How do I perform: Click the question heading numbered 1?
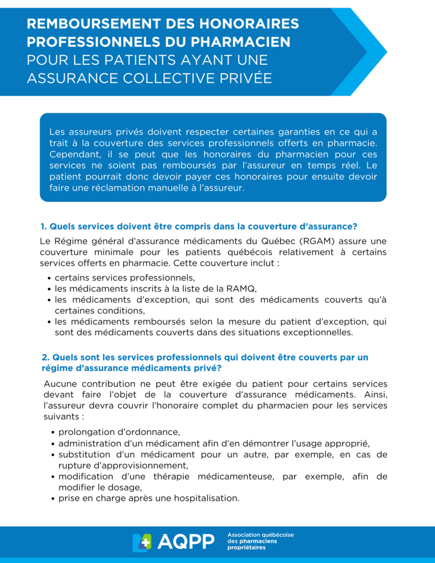(x=199, y=227)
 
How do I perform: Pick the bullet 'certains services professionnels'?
(x=125, y=277)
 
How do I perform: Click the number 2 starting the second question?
(x=44, y=357)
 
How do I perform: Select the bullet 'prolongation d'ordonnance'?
(x=119, y=432)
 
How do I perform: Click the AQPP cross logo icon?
(x=141, y=542)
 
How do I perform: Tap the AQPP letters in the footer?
(x=186, y=542)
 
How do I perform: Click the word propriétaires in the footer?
(x=246, y=548)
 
